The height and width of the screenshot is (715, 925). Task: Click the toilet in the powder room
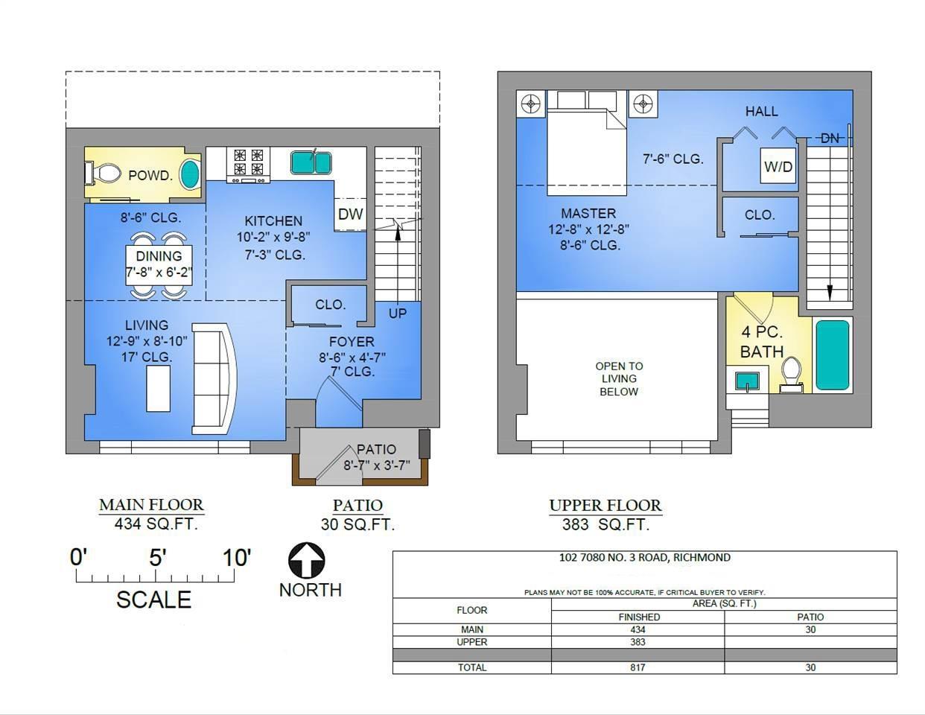point(103,174)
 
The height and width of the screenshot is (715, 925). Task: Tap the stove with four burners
point(248,165)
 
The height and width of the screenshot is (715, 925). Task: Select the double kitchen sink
point(311,162)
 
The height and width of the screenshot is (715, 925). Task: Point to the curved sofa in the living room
point(214,379)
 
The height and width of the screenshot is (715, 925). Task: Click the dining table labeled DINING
point(159,264)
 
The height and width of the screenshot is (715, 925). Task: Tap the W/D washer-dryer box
point(778,166)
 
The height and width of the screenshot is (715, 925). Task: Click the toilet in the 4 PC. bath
point(791,375)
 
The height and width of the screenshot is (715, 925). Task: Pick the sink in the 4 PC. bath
point(747,381)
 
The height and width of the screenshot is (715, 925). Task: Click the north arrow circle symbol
point(307,560)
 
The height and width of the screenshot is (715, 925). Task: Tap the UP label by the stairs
point(398,314)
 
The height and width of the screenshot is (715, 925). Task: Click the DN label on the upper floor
point(830,139)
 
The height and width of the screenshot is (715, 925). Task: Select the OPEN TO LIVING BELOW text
point(619,379)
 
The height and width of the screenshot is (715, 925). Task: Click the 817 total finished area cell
point(638,667)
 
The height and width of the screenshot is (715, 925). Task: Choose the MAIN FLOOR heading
point(151,505)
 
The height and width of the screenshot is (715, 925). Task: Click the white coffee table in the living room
point(159,389)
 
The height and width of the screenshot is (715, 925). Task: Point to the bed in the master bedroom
point(587,143)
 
